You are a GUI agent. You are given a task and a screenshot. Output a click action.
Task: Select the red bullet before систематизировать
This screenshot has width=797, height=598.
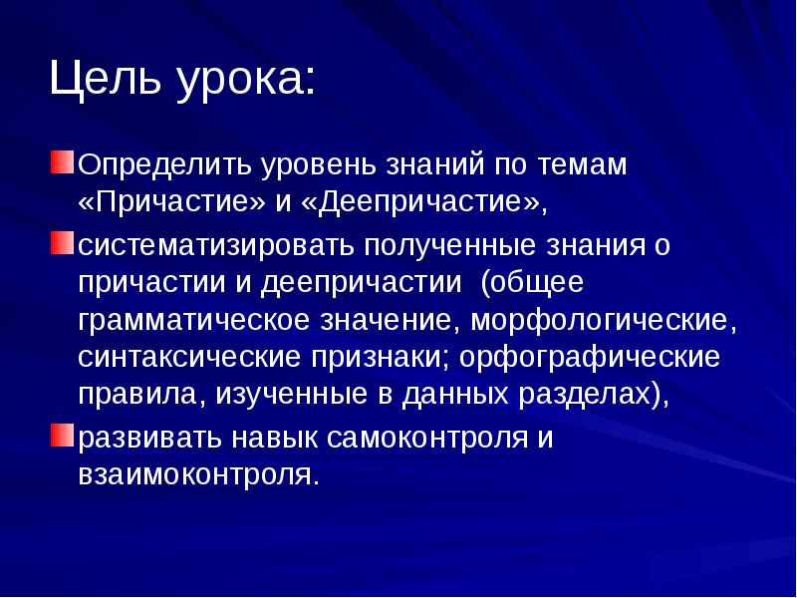64,243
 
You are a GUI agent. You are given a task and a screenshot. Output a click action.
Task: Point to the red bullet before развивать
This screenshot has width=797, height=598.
64,435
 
